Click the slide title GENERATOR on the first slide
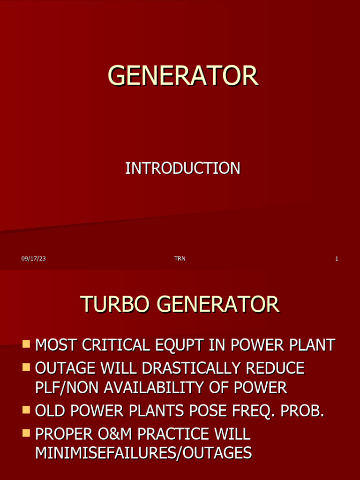[x=183, y=76]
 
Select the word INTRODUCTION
[x=183, y=168]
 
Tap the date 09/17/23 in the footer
[x=33, y=258]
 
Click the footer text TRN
[x=180, y=258]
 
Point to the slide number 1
[x=337, y=258]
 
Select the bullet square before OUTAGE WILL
[x=26, y=367]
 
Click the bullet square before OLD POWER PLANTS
[x=26, y=411]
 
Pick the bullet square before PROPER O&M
[x=26, y=434]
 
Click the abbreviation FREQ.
[x=261, y=412]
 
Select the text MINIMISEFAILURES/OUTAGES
[x=143, y=454]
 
